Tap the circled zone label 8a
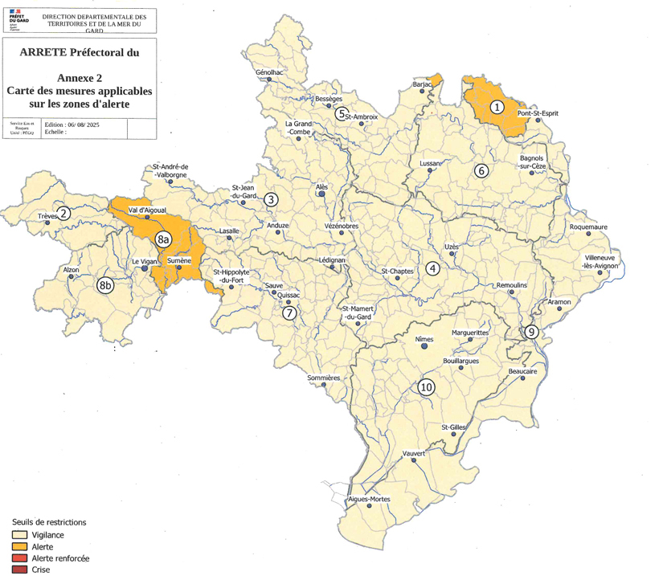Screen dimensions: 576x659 [163, 239]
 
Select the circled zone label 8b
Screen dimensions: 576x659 [105, 285]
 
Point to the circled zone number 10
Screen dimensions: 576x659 [426, 387]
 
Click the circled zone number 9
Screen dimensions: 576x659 [530, 332]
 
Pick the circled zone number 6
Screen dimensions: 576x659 [481, 170]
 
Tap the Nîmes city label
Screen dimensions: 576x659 [424, 339]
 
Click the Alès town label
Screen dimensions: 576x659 [321, 184]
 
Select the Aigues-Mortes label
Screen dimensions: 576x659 [368, 500]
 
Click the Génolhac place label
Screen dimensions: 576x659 [269, 72]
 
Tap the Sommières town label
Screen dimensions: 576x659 [325, 378]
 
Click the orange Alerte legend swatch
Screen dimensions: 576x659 [18, 546]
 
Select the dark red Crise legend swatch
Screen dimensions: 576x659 [18, 570]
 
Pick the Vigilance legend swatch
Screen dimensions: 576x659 [18, 534]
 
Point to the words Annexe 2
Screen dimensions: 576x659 [79, 76]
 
